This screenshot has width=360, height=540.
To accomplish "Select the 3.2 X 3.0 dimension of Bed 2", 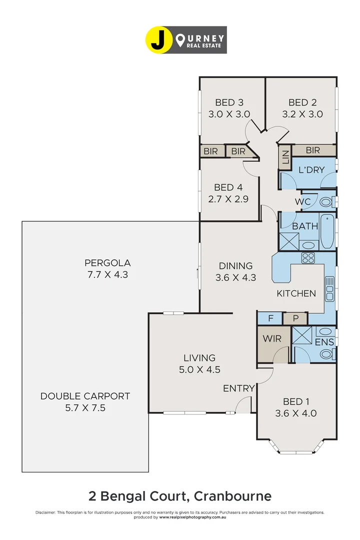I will [302, 114].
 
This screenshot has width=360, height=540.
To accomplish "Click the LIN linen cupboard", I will [285, 157].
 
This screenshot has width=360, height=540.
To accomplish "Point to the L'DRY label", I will [311, 170].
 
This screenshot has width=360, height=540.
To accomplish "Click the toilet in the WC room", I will [326, 202].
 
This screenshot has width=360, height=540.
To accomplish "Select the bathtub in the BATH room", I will [327, 232].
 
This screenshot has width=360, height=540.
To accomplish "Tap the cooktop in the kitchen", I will [307, 258].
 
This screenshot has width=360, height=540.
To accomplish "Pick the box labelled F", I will [270, 318].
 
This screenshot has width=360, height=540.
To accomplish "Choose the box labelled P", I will [295, 318].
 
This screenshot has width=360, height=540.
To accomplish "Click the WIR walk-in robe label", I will [272, 338].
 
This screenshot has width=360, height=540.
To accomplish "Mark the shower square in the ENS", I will [302, 335].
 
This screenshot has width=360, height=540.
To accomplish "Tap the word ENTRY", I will [238, 388].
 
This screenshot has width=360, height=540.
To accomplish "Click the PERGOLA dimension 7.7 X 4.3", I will [107, 274].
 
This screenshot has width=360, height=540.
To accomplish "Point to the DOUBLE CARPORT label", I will [85, 396].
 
